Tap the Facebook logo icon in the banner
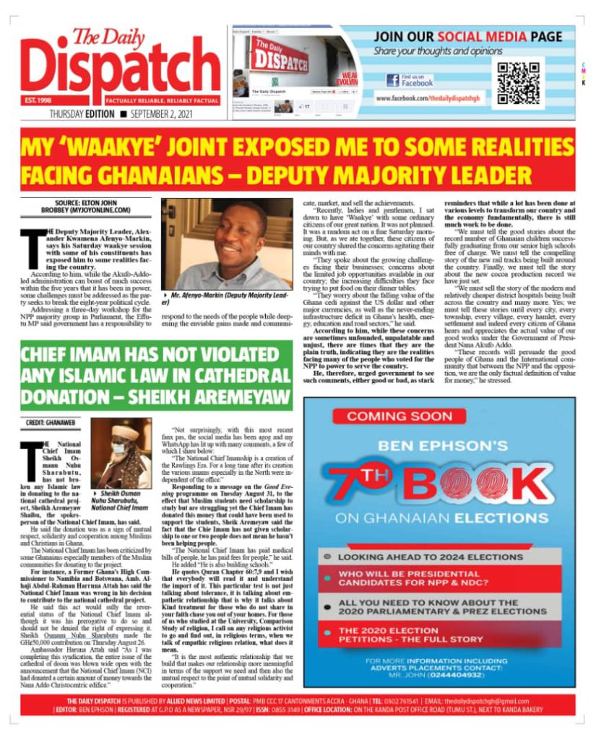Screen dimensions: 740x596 pyautogui.click(x=392, y=80)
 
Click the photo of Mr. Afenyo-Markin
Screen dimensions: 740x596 pyautogui.click(x=227, y=244)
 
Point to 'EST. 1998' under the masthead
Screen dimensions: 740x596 pyautogui.click(x=37, y=100)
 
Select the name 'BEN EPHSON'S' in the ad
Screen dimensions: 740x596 pyautogui.click(x=439, y=444)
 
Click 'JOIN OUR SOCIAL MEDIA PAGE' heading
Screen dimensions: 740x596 pyautogui.click(x=469, y=37)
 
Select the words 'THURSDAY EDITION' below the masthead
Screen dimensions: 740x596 pyautogui.click(x=81, y=115)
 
